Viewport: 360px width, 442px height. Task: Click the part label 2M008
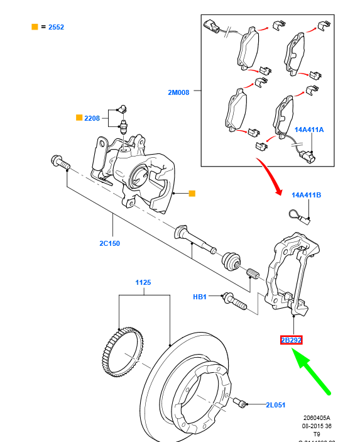pyautogui.click(x=178, y=92)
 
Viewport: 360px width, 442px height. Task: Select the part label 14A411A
pyautogui.click(x=308, y=130)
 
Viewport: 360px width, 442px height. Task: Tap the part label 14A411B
pyautogui.click(x=306, y=195)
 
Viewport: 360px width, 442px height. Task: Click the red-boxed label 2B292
pyautogui.click(x=291, y=340)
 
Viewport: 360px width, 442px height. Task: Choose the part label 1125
pyautogui.click(x=143, y=283)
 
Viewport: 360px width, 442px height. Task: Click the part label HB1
pyautogui.click(x=200, y=296)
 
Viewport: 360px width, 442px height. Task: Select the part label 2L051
pyautogui.click(x=276, y=406)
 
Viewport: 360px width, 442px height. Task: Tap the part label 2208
pyautogui.click(x=92, y=118)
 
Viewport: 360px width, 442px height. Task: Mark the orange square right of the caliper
pyautogui.click(x=192, y=194)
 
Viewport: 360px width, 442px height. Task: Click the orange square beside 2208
pyautogui.click(x=79, y=118)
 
